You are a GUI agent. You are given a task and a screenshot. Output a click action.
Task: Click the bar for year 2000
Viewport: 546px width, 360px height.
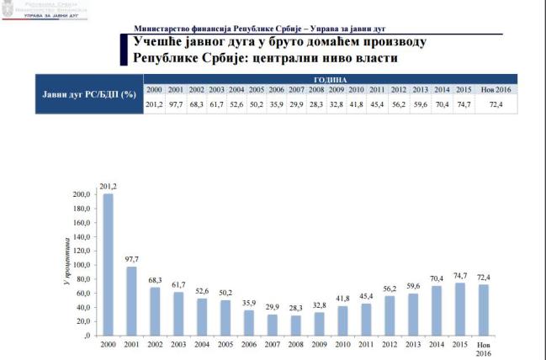click(108, 265)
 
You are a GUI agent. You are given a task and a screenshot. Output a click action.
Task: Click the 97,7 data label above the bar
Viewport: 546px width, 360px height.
click(131, 258)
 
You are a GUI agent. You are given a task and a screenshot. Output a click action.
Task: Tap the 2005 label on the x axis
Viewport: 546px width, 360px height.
click(225, 345)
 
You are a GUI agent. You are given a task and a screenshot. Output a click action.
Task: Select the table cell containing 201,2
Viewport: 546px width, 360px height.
click(154, 104)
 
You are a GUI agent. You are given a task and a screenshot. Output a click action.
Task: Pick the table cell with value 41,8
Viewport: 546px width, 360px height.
click(356, 104)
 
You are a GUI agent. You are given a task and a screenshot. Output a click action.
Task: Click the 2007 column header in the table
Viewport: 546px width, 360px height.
click(296, 89)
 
